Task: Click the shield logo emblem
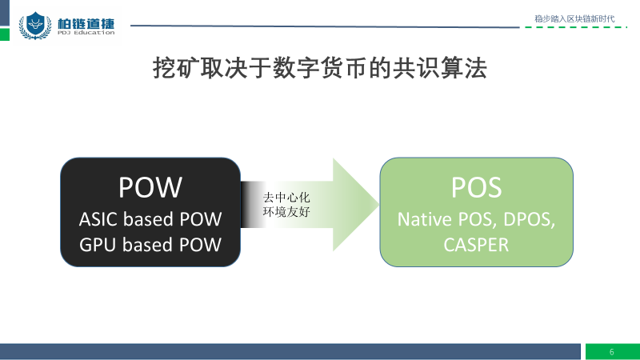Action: [35, 26]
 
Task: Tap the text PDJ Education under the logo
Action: [86, 33]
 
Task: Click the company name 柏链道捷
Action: [86, 23]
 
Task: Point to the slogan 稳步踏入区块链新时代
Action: [574, 18]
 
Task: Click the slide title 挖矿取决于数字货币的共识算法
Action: [319, 68]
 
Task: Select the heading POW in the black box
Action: [150, 187]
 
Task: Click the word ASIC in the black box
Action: [98, 219]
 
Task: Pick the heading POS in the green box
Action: [476, 187]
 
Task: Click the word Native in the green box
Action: [425, 219]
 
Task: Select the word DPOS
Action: [529, 219]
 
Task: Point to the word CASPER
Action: [476, 245]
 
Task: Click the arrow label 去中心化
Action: [286, 198]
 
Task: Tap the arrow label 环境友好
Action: [286, 212]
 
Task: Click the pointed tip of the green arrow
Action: [378, 204]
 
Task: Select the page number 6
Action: [611, 352]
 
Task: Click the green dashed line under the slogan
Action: [576, 27]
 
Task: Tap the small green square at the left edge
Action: [5, 34]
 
